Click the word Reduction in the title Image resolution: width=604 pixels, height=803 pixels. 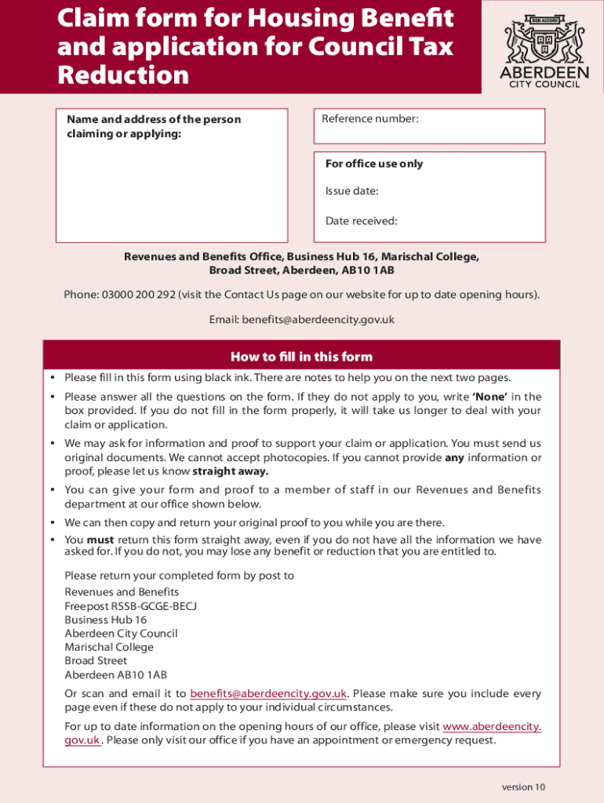[123, 75]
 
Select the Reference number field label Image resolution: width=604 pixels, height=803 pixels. [370, 118]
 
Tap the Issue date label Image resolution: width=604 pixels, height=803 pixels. [351, 191]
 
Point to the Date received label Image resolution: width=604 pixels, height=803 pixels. [361, 221]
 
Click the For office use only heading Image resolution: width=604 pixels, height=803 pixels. [373, 164]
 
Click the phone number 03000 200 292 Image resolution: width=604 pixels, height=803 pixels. [138, 295]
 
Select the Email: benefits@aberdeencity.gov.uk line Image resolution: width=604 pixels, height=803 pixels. [301, 320]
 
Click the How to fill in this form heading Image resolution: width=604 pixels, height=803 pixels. [301, 357]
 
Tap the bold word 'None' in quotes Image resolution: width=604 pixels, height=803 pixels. [489, 397]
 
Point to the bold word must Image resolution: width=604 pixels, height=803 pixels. [100, 540]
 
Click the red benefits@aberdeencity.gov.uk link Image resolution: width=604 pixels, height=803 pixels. [268, 693]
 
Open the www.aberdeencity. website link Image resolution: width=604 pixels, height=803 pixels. [492, 726]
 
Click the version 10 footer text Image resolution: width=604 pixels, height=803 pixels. [523, 787]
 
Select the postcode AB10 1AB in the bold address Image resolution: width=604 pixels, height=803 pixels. [368, 271]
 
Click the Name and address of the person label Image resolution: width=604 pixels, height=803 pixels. [154, 119]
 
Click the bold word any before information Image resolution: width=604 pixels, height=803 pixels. [454, 458]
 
